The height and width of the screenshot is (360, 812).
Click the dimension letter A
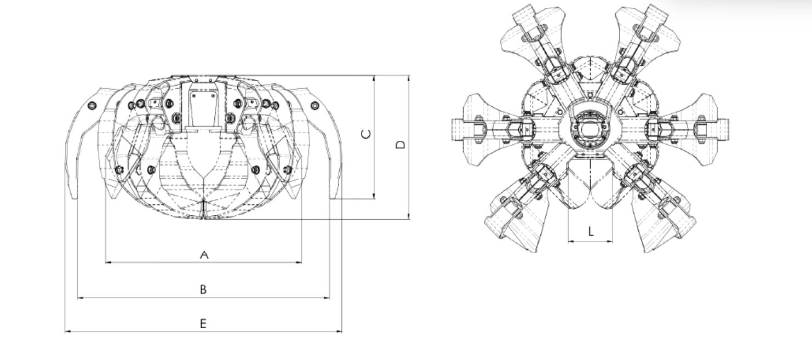[x=204, y=255]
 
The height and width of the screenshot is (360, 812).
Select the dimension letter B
[x=203, y=289]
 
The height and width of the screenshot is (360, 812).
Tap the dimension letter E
[x=203, y=323]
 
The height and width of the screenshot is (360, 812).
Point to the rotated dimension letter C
[x=367, y=134]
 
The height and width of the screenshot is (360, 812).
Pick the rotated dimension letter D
[x=401, y=145]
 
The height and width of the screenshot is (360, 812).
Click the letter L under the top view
[x=591, y=231]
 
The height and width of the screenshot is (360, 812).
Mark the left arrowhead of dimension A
[x=108, y=262]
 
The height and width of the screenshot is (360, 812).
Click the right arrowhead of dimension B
[x=327, y=298]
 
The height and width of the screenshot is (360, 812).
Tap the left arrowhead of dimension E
[x=67, y=332]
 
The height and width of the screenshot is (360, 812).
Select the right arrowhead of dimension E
[x=339, y=332]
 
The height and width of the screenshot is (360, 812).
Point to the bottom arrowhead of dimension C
[x=374, y=196]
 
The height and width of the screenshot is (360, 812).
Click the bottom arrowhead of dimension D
[x=409, y=216]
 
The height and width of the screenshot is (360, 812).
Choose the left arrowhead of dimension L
[x=570, y=241]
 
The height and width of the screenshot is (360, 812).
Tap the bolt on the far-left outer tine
[x=93, y=106]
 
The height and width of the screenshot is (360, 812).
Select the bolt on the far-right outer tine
[x=315, y=106]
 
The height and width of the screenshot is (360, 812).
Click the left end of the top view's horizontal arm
[x=453, y=129]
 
